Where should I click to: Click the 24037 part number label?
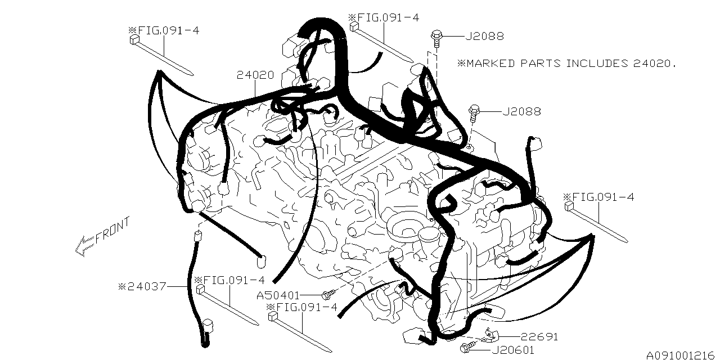coord(147,286)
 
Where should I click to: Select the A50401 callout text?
coord(278,295)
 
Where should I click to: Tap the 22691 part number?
coord(539,336)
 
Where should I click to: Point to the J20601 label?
coord(512,350)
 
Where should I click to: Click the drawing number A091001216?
coord(679,355)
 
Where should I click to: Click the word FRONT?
coord(112,230)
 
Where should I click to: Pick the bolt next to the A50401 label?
coord(328,294)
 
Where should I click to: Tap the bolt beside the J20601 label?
coord(466,348)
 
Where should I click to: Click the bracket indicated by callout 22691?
coord(490,336)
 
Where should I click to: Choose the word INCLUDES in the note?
coord(597,64)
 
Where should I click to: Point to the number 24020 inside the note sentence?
coord(651,64)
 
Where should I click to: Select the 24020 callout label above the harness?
coord(255,75)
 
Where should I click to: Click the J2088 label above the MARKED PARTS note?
coord(485,37)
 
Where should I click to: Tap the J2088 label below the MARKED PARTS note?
coord(521,111)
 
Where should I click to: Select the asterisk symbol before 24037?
coord(121,286)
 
